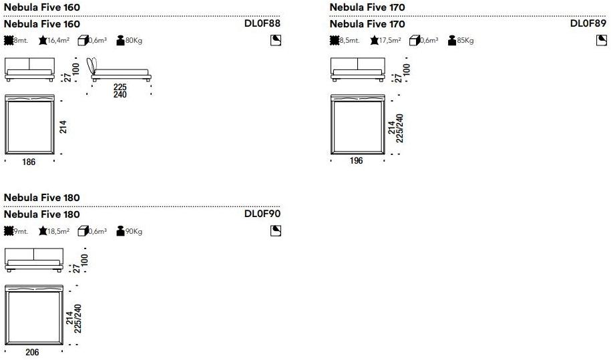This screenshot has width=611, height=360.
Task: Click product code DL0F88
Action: click(262, 23)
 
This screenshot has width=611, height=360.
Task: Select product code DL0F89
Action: click(588, 23)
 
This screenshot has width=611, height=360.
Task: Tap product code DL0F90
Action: click(262, 214)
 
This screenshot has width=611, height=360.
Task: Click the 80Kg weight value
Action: click(134, 41)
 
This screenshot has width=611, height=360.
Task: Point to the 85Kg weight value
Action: click(465, 41)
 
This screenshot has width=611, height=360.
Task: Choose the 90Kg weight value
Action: click(134, 231)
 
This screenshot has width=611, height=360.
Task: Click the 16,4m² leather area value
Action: click(59, 40)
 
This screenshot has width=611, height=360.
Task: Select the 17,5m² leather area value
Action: click(390, 40)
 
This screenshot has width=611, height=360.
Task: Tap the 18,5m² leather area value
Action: click(59, 231)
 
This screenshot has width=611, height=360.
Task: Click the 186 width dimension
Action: click(29, 162)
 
